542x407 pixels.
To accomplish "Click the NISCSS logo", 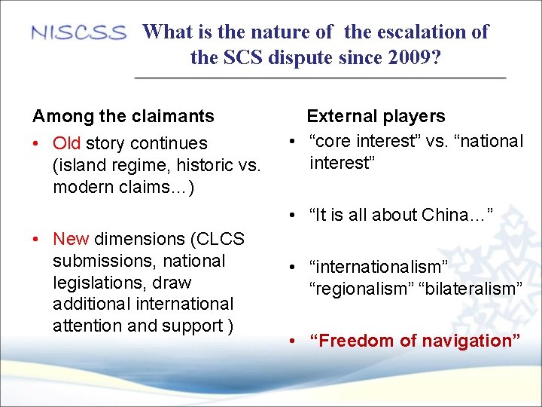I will tap(78, 33).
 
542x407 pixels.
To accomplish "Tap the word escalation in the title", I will tap(417, 32).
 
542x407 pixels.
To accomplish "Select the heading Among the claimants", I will tap(123, 116).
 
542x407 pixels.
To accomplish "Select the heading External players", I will tap(376, 116).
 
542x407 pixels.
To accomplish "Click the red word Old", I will tap(67, 143).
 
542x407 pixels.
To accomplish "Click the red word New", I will tap(71, 239).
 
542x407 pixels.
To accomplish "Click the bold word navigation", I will tap(470, 341).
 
